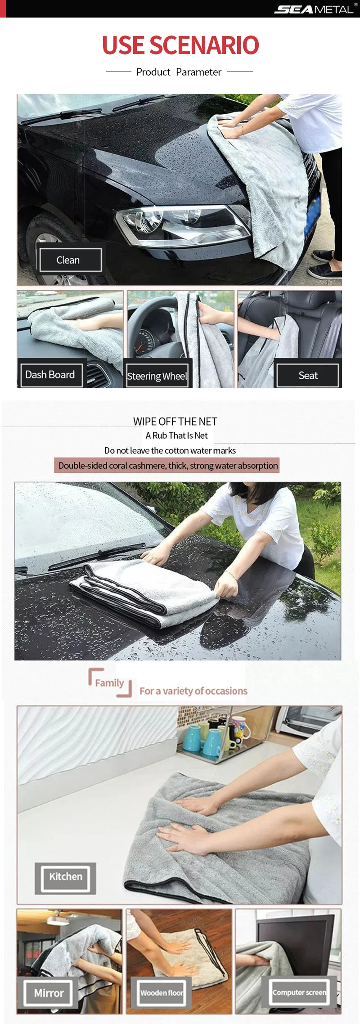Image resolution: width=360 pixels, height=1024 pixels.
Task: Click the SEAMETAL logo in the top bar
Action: [x=314, y=9]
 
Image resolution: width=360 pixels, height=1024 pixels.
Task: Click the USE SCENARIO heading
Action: [x=180, y=45]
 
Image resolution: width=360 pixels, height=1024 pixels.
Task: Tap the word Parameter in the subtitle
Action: [x=198, y=72]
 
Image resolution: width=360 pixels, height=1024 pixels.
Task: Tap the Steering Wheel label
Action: [x=157, y=376]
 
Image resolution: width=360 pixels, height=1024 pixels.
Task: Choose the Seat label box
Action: [x=308, y=375]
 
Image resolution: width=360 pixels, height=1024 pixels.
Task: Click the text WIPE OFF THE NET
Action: [x=175, y=422]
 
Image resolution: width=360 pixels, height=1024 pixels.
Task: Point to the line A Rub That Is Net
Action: [x=176, y=436]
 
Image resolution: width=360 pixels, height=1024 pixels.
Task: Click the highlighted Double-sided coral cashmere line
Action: [x=168, y=466]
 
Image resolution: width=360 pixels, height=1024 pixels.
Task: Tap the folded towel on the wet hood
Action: [x=144, y=589]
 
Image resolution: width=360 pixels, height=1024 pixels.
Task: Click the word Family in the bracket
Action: [x=109, y=683]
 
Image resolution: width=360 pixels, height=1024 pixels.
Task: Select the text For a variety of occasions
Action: [x=193, y=691]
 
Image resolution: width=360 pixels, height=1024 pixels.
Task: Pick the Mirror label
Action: [x=49, y=993]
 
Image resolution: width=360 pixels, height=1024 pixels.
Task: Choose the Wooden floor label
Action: [x=161, y=993]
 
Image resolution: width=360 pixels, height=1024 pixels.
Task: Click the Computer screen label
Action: [x=299, y=992]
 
